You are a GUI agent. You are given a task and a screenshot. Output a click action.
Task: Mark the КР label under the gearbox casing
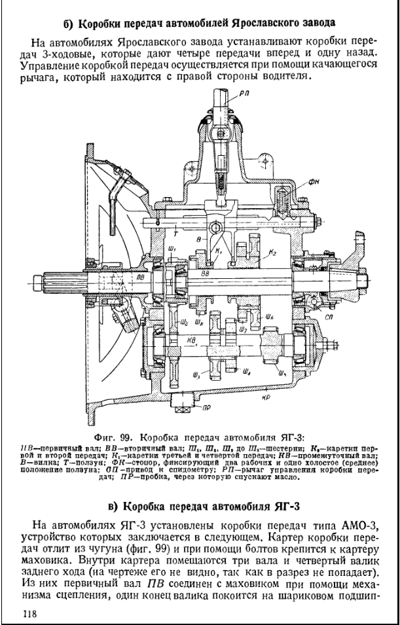coord(285,397)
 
